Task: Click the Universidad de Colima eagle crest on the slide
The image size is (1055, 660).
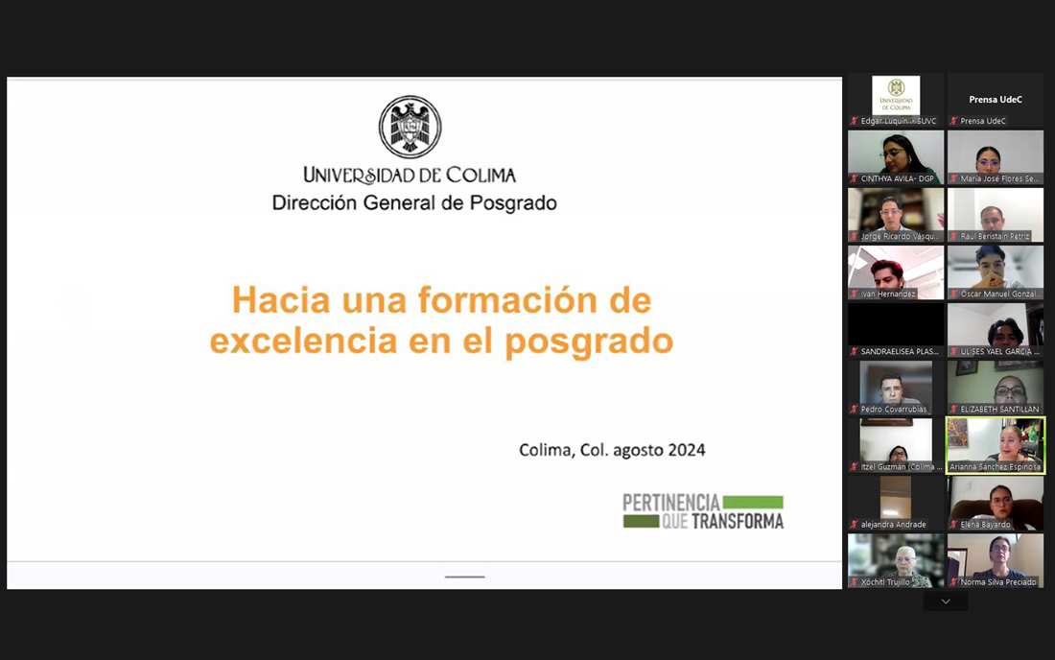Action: pyautogui.click(x=410, y=127)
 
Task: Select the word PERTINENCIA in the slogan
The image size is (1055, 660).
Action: pyautogui.click(x=670, y=502)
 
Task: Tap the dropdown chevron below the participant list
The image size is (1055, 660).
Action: pyautogui.click(x=946, y=601)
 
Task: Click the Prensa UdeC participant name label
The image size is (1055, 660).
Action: pyautogui.click(x=983, y=122)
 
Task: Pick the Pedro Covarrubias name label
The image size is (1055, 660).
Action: pyautogui.click(x=894, y=410)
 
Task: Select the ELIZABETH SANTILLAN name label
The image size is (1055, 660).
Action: pyautogui.click(x=999, y=410)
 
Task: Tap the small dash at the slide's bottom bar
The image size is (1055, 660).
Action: pyautogui.click(x=465, y=577)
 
